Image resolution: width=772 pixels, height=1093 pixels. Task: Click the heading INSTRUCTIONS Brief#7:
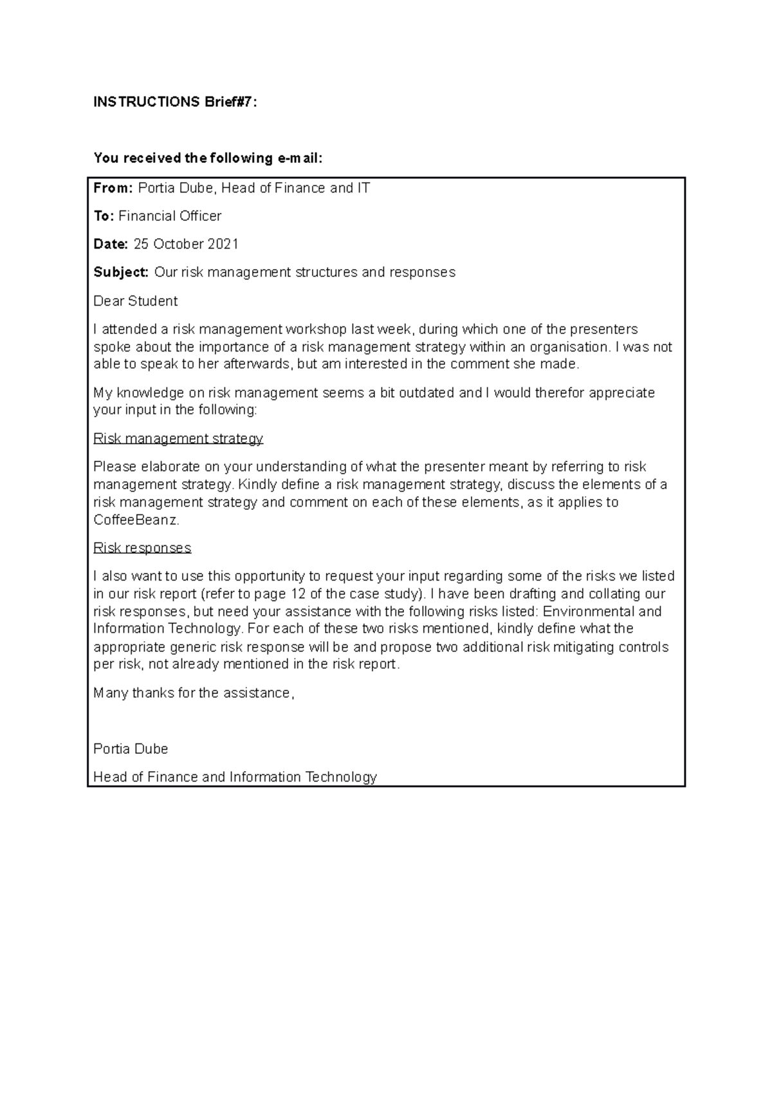[x=175, y=102]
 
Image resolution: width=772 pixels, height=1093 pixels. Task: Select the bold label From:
[x=113, y=188]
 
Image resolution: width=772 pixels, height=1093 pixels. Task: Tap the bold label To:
[x=104, y=216]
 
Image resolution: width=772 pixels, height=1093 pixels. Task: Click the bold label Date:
[x=111, y=244]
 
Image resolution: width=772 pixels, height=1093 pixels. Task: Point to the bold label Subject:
[x=121, y=272]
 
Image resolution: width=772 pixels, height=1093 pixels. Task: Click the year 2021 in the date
[x=223, y=244]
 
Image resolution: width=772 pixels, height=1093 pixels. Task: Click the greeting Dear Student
[x=136, y=301]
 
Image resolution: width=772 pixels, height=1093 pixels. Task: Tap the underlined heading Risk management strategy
[x=178, y=438]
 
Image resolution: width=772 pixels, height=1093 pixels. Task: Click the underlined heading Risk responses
[x=142, y=548]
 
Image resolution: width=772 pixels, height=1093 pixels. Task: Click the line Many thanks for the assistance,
[x=194, y=693]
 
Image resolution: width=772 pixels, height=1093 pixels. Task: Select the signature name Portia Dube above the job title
[x=131, y=749]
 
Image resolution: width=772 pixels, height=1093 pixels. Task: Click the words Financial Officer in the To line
[x=170, y=216]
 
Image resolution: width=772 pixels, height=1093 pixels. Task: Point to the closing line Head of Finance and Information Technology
[x=235, y=777]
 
